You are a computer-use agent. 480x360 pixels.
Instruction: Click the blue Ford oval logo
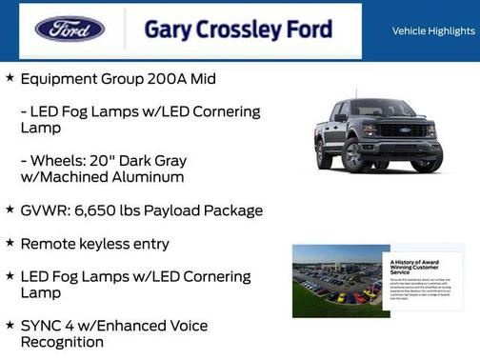point(70,30)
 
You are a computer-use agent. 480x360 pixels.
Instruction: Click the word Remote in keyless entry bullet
point(50,244)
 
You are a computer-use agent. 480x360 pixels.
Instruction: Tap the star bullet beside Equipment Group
point(10,78)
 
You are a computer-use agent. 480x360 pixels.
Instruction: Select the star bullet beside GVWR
point(10,210)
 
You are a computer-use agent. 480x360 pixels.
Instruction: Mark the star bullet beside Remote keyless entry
point(10,244)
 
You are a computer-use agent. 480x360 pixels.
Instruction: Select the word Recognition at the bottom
point(62,342)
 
